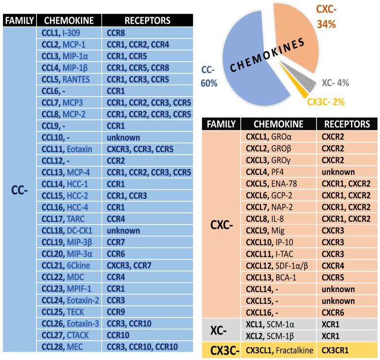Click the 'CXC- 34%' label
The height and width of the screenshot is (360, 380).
(329, 17)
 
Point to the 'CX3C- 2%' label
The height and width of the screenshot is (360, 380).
(325, 102)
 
